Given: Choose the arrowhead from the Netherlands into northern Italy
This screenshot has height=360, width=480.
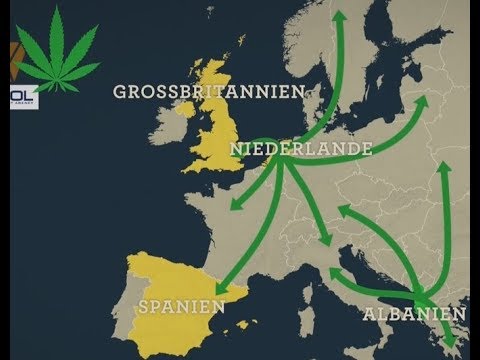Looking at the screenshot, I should click(x=329, y=240).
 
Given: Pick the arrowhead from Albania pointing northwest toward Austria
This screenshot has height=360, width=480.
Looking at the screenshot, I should click(x=342, y=209).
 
